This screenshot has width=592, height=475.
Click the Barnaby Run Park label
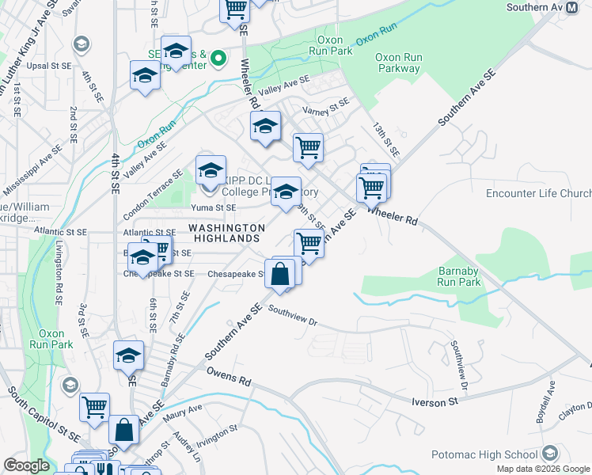click(460, 275)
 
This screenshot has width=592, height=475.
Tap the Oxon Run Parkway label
click(398, 63)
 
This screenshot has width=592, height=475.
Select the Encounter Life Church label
click(538, 194)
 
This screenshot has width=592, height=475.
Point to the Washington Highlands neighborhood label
click(225, 233)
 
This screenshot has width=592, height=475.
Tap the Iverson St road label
click(435, 402)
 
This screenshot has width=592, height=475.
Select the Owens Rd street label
click(229, 376)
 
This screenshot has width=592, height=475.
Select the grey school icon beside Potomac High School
click(551, 454)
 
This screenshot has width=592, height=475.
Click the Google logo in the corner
click(26, 465)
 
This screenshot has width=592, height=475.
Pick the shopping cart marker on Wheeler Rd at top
click(235, 9)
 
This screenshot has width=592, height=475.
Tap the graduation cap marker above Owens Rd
click(128, 356)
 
